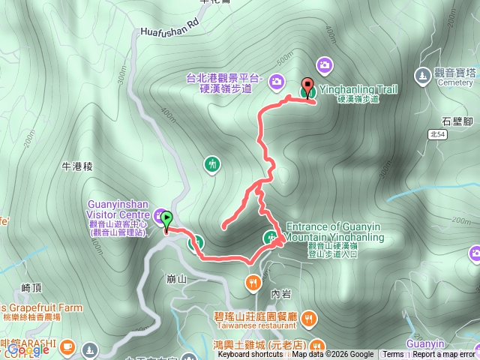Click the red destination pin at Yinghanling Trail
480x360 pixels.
(307, 86)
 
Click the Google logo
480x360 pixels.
(28, 349)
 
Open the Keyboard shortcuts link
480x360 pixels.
(251, 355)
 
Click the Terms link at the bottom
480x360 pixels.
(392, 355)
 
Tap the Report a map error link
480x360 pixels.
(443, 355)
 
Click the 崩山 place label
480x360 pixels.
(177, 278)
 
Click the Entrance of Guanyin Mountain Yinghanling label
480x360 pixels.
(335, 232)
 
